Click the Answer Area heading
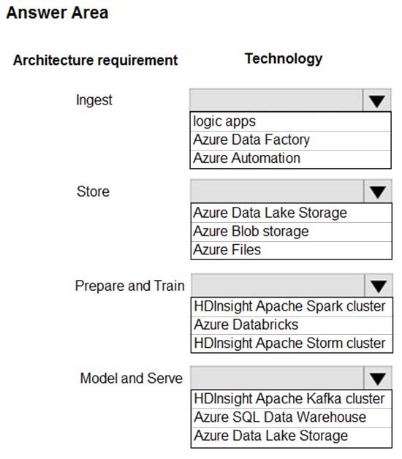pyautogui.click(x=58, y=13)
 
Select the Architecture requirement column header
pyautogui.click(x=96, y=61)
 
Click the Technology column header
pyautogui.click(x=284, y=59)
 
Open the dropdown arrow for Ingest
pyautogui.click(x=377, y=100)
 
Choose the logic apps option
pyautogui.click(x=224, y=121)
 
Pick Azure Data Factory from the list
pyautogui.click(x=251, y=140)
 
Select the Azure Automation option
pyautogui.click(x=246, y=159)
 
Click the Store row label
pyautogui.click(x=93, y=191)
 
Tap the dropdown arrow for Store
pyautogui.click(x=378, y=191)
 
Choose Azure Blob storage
pyautogui.click(x=251, y=231)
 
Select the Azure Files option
pyautogui.click(x=227, y=250)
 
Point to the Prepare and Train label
pyautogui.click(x=129, y=286)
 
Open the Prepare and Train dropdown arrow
pyautogui.click(x=379, y=286)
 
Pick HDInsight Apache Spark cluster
pyautogui.click(x=289, y=306)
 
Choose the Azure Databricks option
pyautogui.click(x=246, y=325)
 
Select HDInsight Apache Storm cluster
pyautogui.click(x=289, y=343)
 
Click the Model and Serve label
pyautogui.click(x=132, y=378)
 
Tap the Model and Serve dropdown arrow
pyautogui.click(x=378, y=378)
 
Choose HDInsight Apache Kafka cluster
pyautogui.click(x=289, y=398)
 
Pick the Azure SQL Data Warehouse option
pyautogui.click(x=280, y=417)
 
